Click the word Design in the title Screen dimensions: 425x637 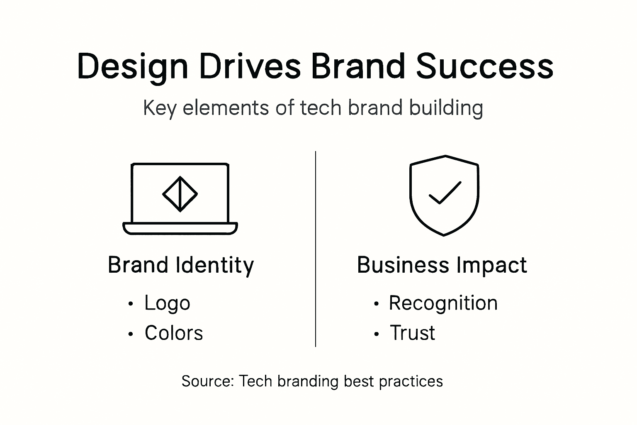[x=132, y=66]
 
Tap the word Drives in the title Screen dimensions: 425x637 [x=250, y=66]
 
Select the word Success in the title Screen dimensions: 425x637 [x=485, y=66]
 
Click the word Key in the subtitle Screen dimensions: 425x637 [x=159, y=108]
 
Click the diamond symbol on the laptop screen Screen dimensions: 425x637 [x=180, y=194]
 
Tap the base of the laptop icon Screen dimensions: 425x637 [x=180, y=229]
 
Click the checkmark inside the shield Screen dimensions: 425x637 [x=445, y=193]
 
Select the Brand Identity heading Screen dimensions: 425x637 [x=180, y=265]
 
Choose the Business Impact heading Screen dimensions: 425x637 [x=442, y=265]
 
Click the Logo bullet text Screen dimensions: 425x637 [x=167, y=303]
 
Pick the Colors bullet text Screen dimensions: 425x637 [x=174, y=333]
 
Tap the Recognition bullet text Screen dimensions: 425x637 [x=443, y=303]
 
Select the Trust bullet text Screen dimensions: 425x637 [x=412, y=333]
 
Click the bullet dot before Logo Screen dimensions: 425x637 [x=131, y=304]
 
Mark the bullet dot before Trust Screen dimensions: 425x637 [x=376, y=334]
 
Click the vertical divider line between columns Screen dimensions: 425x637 [x=316, y=249]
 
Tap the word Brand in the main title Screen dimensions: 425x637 [x=357, y=66]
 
